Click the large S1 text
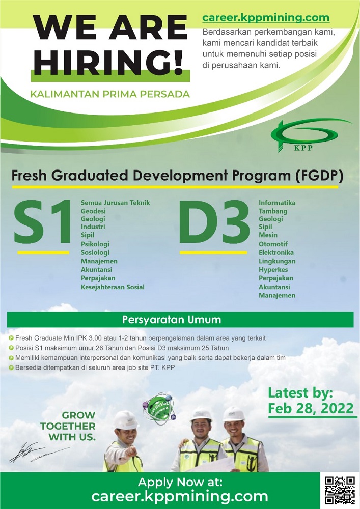[x=42, y=222]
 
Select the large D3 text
[x=214, y=222]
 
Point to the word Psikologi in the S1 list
[x=95, y=244]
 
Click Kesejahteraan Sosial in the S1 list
[x=113, y=287]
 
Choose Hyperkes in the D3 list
[x=273, y=270]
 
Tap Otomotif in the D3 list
[x=273, y=244]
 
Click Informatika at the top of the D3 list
[x=277, y=203]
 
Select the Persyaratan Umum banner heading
[x=172, y=320]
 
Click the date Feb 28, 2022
[x=311, y=408]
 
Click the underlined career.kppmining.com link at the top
[x=266, y=17]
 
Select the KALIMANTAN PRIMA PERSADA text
[x=109, y=94]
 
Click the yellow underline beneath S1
[x=43, y=253]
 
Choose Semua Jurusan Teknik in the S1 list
[x=115, y=203]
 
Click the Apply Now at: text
[x=180, y=483]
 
